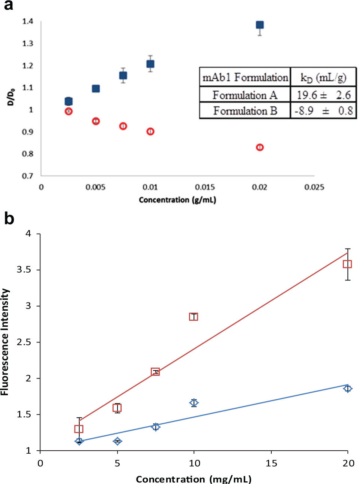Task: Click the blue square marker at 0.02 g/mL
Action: click(x=260, y=25)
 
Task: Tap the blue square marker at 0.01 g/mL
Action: click(x=150, y=64)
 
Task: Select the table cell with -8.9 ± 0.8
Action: click(x=324, y=111)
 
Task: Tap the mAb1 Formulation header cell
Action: click(x=245, y=77)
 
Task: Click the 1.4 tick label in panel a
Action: click(x=28, y=21)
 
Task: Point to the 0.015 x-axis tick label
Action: click(x=205, y=187)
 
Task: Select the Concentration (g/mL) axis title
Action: click(x=177, y=200)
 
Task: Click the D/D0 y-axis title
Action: click(x=11, y=97)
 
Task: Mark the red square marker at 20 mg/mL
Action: click(x=347, y=264)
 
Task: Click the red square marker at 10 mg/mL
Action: click(x=193, y=317)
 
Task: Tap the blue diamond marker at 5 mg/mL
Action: click(x=118, y=441)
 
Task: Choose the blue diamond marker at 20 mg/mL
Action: click(x=348, y=389)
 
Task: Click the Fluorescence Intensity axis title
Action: click(x=4, y=342)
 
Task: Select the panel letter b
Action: click(x=9, y=219)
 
